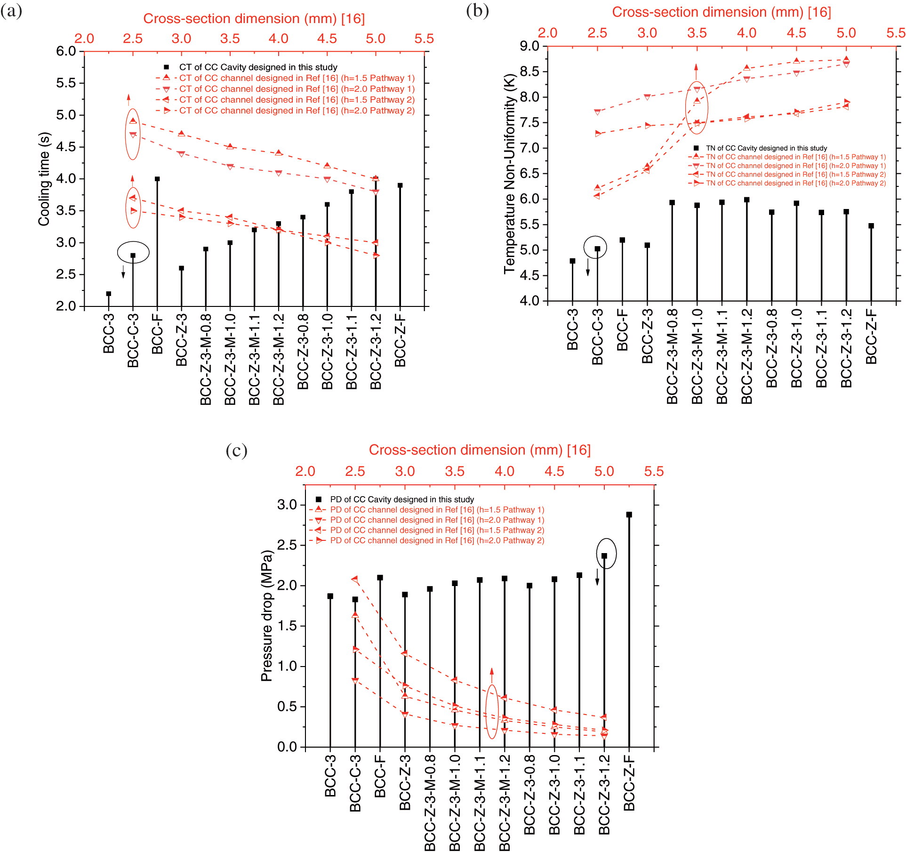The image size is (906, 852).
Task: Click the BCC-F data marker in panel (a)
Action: [157, 179]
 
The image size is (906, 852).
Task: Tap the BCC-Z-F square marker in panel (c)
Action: [629, 514]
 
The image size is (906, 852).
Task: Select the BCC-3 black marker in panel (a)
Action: [109, 294]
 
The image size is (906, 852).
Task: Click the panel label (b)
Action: [477, 10]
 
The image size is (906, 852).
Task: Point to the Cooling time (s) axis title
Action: [44, 179]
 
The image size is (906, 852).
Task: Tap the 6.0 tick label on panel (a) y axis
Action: [66, 51]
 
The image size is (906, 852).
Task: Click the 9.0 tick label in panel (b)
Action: [529, 46]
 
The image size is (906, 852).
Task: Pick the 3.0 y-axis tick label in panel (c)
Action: [287, 505]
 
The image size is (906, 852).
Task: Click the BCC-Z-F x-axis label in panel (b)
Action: [871, 337]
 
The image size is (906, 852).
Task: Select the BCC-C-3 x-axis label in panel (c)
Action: [355, 783]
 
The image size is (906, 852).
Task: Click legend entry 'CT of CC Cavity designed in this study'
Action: [258, 67]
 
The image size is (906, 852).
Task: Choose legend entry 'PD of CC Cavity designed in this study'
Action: [401, 499]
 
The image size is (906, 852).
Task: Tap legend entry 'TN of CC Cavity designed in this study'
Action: [766, 148]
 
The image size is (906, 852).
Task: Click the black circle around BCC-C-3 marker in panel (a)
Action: [133, 252]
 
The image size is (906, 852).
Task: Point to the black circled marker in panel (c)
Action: [604, 556]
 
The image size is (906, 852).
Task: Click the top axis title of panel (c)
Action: [480, 450]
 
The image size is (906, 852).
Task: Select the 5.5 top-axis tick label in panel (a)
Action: [424, 39]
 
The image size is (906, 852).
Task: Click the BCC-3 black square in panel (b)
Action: [572, 261]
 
